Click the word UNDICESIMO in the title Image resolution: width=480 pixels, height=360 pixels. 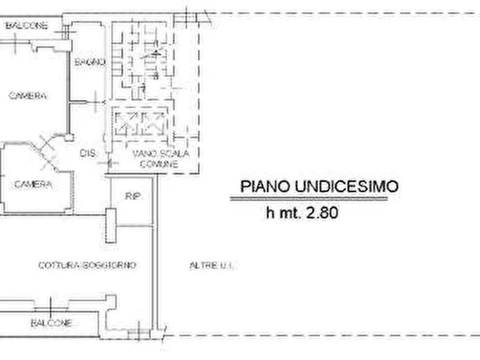pyautogui.click(x=346, y=186)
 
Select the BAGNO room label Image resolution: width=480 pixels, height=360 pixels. pyautogui.click(x=90, y=62)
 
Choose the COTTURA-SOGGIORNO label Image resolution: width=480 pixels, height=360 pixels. pyautogui.click(x=87, y=265)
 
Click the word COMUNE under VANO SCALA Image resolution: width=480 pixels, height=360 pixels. pyautogui.click(x=159, y=164)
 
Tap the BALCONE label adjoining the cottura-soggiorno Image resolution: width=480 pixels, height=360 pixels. pyautogui.click(x=51, y=323)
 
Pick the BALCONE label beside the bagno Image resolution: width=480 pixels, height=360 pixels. pyautogui.click(x=27, y=25)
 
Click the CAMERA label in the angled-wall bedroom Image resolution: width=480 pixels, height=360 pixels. pyautogui.click(x=34, y=184)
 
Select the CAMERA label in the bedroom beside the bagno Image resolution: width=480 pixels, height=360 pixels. pyautogui.click(x=28, y=96)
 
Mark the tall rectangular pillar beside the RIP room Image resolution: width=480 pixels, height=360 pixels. pyautogui.click(x=111, y=225)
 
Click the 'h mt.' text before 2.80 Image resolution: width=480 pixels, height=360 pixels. pyautogui.click(x=284, y=213)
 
